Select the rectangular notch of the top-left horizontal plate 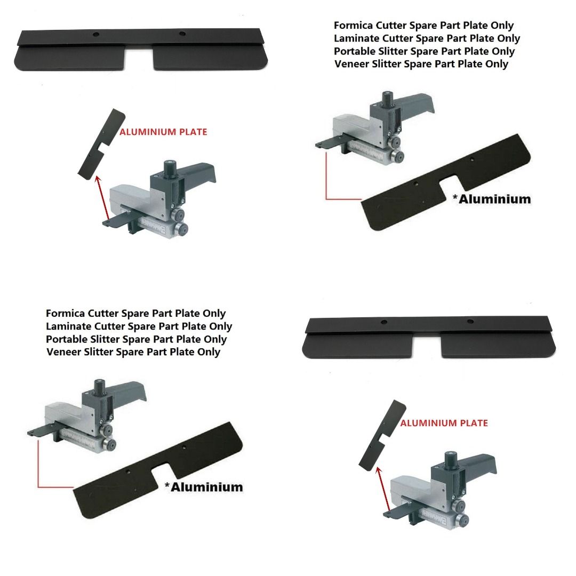click(139, 59)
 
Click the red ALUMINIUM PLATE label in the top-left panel click(163, 132)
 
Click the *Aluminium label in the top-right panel click(491, 199)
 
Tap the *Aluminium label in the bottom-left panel click(203, 487)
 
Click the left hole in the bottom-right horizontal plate click(383, 323)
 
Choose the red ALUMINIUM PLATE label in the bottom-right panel click(444, 423)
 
